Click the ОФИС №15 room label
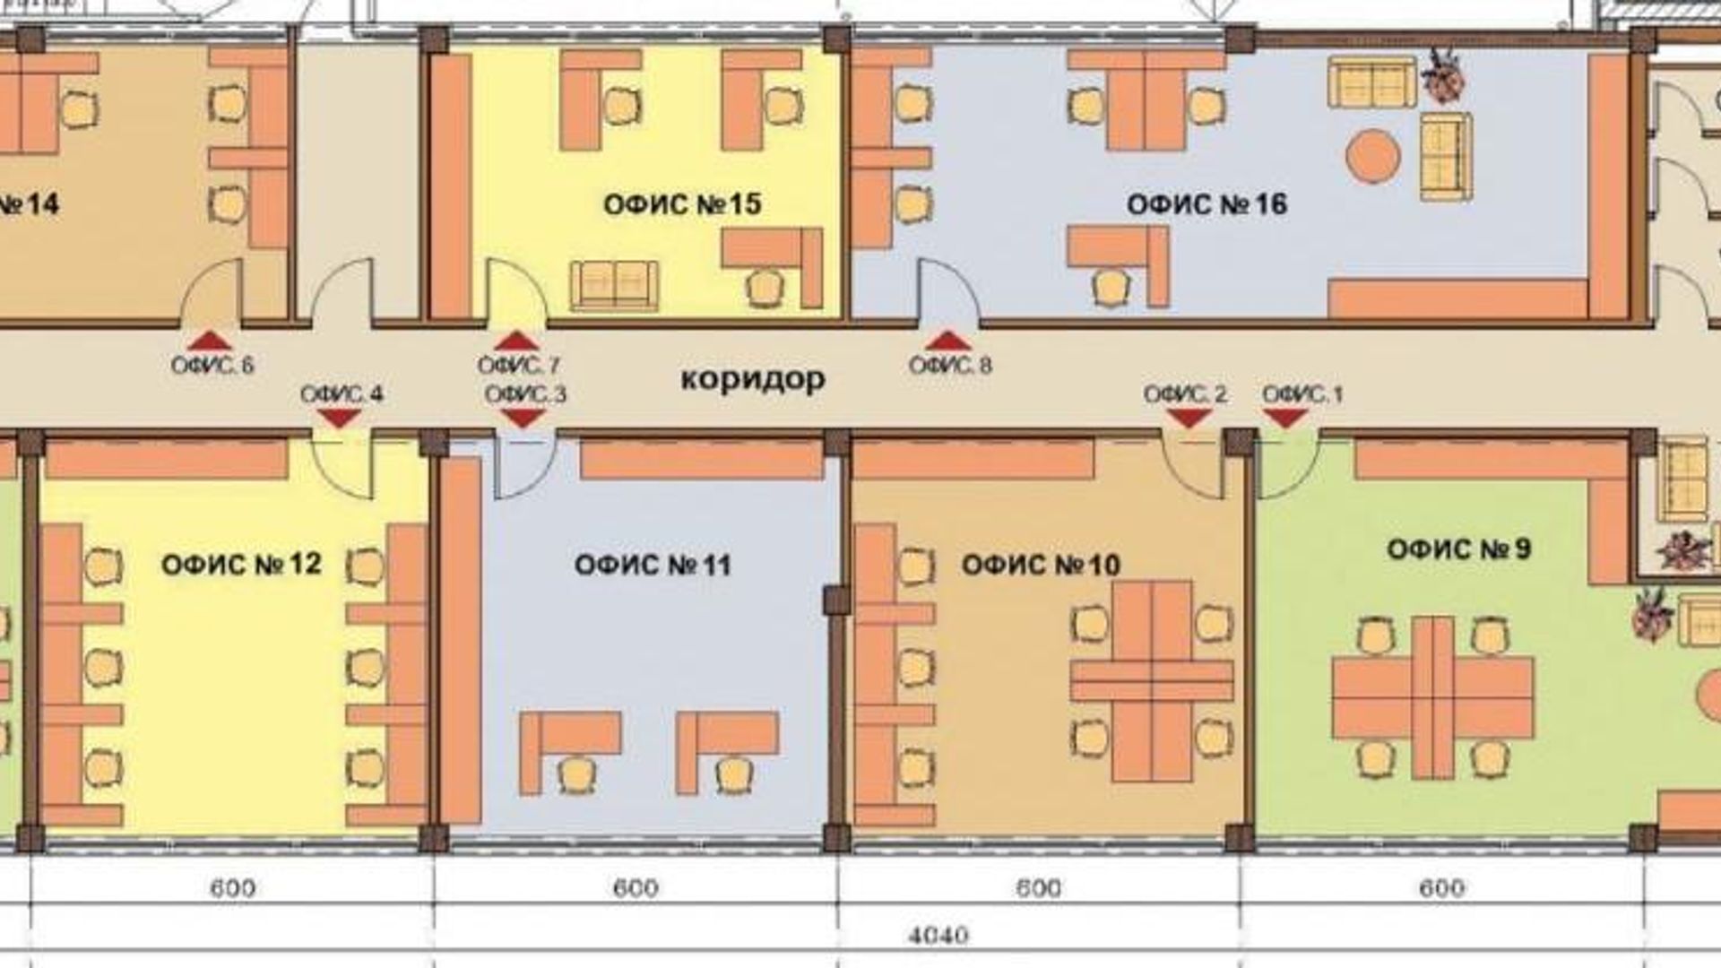click(x=682, y=204)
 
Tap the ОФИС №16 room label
click(x=1206, y=204)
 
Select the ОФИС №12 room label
click(x=241, y=564)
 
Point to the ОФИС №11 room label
click(x=653, y=565)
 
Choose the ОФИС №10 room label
click(x=1041, y=565)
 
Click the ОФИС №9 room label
click(x=1458, y=549)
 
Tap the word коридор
click(x=753, y=379)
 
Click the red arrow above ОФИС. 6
click(x=210, y=340)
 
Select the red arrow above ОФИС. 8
click(x=948, y=340)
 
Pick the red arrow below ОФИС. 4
click(x=340, y=418)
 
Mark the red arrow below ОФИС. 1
click(x=1284, y=418)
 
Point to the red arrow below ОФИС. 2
click(x=1189, y=418)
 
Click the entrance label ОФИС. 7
click(x=518, y=366)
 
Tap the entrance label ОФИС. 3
click(x=525, y=394)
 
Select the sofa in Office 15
click(x=614, y=285)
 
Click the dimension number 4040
click(x=938, y=936)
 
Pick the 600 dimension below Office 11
click(x=636, y=888)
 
